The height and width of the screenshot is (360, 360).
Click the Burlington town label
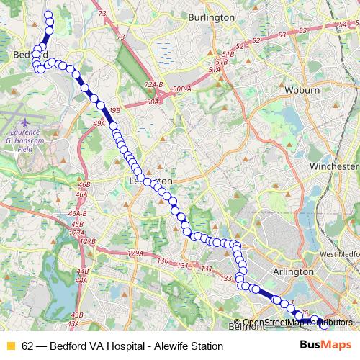click(211, 17)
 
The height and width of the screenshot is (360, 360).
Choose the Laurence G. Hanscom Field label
click(28, 136)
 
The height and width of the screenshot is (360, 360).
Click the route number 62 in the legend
click(27, 346)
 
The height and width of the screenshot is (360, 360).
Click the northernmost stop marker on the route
click(49, 14)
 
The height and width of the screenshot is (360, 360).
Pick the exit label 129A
click(135, 253)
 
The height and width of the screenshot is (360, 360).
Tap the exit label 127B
click(86, 241)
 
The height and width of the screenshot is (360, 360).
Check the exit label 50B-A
click(181, 89)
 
